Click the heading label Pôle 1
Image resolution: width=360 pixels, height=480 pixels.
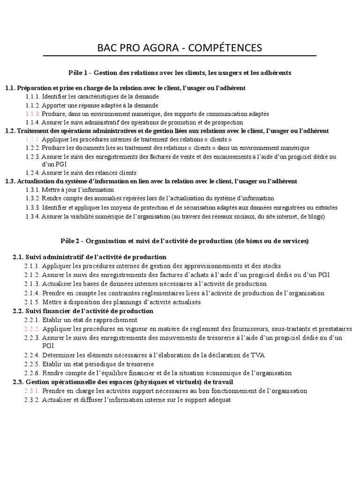pyautogui.click(x=78, y=73)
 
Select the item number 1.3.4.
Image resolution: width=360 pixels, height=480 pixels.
pyautogui.click(x=32, y=217)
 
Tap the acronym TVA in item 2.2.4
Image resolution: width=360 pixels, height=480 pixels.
pyautogui.click(x=257, y=355)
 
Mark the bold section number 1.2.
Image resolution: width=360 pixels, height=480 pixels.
pyautogui.click(x=10, y=130)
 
